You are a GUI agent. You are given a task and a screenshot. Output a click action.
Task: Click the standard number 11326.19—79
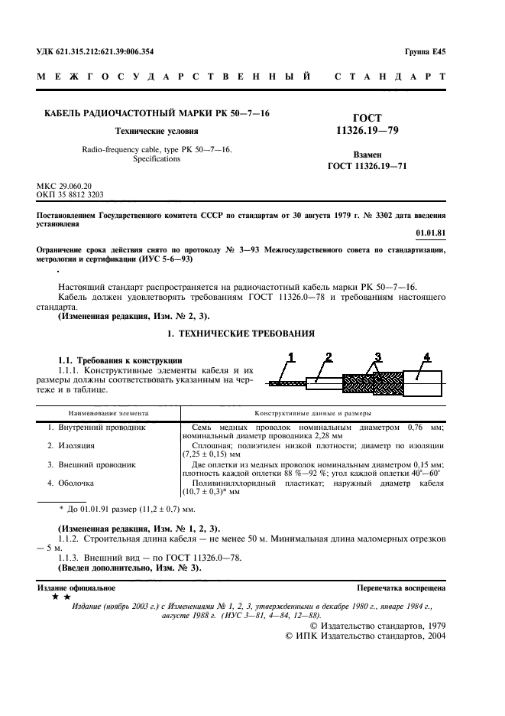[x=365, y=131]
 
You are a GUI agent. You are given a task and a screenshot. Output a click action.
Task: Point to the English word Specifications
[x=156, y=159]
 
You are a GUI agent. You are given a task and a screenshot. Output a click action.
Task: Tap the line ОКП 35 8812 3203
[x=70, y=195]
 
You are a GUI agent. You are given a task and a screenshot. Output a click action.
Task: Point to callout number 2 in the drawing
[x=329, y=356]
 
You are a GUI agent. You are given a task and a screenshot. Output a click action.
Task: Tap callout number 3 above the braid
[x=378, y=356]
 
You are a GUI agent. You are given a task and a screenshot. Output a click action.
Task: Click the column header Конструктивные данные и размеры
[x=312, y=413]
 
